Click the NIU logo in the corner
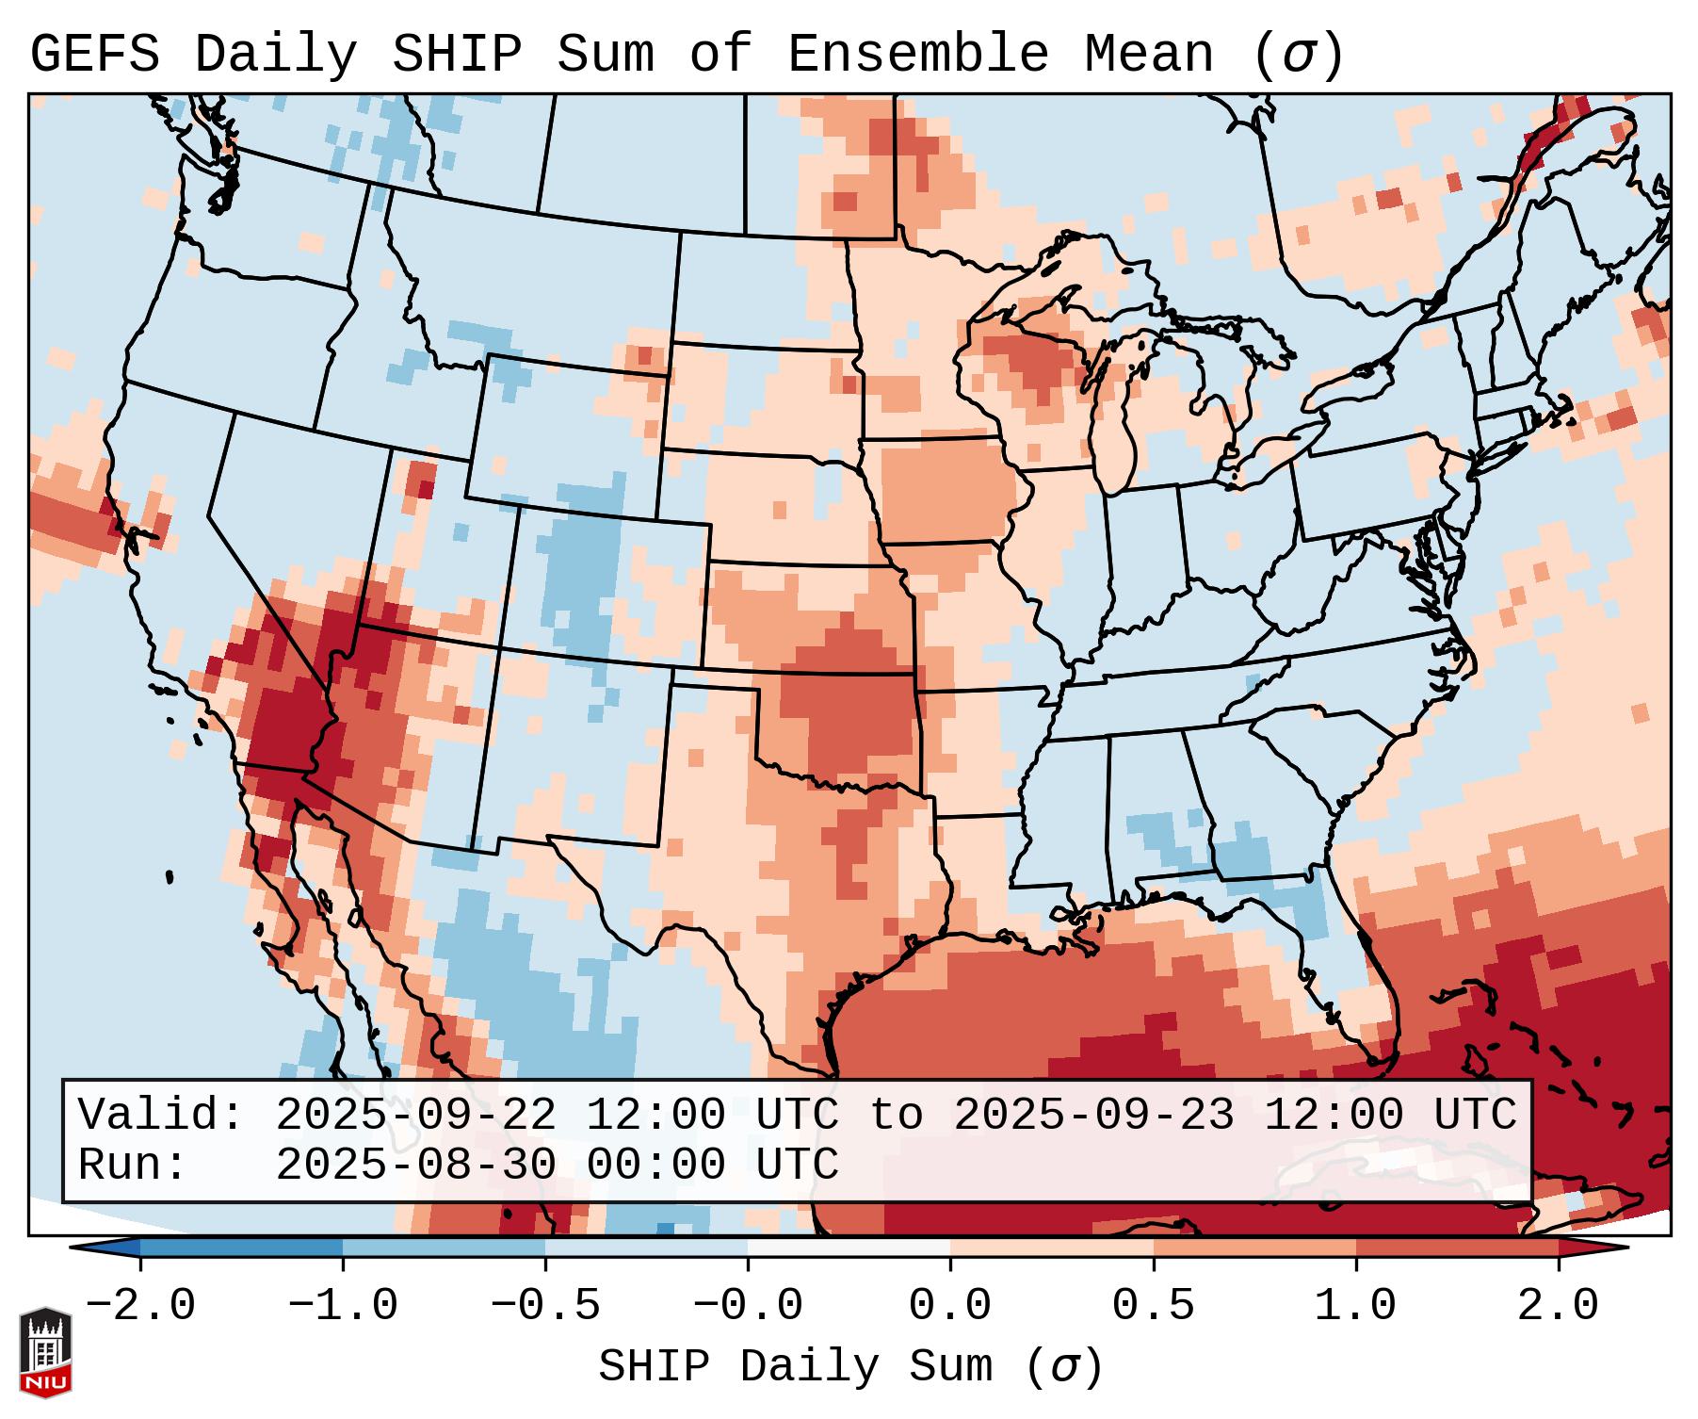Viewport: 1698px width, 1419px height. pos(45,1352)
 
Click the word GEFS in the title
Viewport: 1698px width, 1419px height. pos(94,55)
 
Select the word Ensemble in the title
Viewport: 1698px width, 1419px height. pos(917,55)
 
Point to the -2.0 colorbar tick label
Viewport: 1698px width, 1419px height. pos(140,1306)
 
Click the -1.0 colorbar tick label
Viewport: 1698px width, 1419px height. pos(343,1306)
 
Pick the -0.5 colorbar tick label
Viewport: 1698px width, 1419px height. pos(545,1306)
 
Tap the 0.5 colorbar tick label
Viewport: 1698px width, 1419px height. pos(1153,1306)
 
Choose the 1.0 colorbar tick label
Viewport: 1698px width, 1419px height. pos(1355,1306)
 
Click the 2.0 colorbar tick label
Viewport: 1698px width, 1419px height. pos(1558,1306)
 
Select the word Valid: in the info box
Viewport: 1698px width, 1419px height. pos(160,1115)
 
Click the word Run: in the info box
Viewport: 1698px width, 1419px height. pos(132,1165)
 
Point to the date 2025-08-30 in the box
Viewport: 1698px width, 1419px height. pos(415,1165)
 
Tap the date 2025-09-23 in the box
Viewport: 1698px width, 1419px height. pos(1093,1115)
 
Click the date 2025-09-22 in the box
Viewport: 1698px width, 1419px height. pos(415,1115)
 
